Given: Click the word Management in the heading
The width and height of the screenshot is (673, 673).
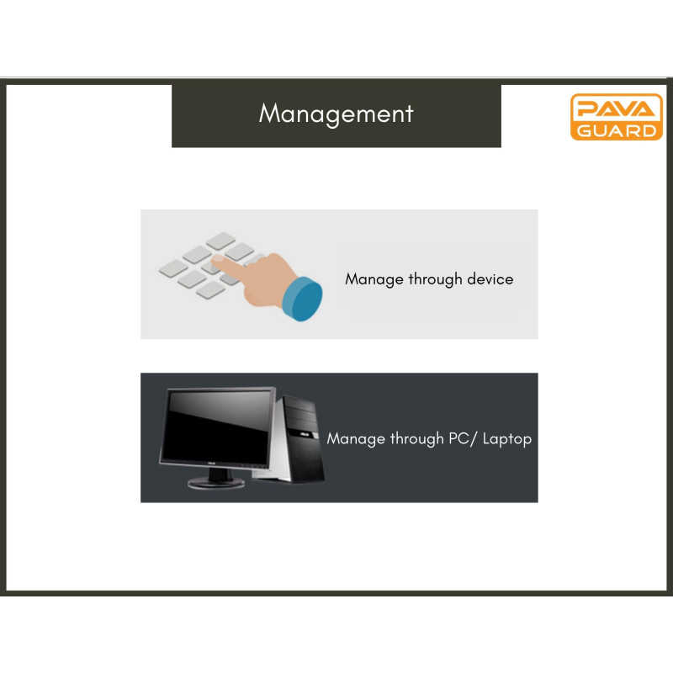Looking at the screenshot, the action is point(336,114).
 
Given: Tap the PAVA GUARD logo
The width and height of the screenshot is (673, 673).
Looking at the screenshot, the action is point(617,117).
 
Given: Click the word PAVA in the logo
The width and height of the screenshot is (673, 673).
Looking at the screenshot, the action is point(617,109).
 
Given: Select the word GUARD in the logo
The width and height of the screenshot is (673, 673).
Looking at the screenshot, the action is point(617,130).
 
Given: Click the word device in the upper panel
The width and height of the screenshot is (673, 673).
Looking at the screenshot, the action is point(490,279).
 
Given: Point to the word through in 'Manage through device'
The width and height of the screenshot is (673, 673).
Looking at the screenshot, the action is point(435,280).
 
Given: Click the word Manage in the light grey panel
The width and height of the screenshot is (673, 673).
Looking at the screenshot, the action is point(374,280).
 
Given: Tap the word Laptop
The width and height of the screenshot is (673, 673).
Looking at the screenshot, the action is point(507,439).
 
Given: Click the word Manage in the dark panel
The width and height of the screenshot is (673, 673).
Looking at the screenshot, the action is point(356,439).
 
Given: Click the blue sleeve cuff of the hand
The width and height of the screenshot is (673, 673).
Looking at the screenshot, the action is point(303,299).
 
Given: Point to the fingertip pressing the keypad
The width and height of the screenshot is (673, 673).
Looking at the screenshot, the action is point(218,260).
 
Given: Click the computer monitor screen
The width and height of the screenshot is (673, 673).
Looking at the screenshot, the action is point(218,427).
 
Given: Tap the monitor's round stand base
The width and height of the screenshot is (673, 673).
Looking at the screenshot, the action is point(216,483).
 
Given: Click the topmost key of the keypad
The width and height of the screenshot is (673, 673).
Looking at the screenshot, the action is point(220,241).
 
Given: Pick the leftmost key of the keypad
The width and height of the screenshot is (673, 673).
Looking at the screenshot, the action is point(173,268).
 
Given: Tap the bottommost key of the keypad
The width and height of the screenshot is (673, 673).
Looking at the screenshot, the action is point(211,289).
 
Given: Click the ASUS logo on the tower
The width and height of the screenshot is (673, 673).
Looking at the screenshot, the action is point(305,435).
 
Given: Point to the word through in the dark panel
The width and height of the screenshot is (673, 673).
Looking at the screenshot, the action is point(416,439).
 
